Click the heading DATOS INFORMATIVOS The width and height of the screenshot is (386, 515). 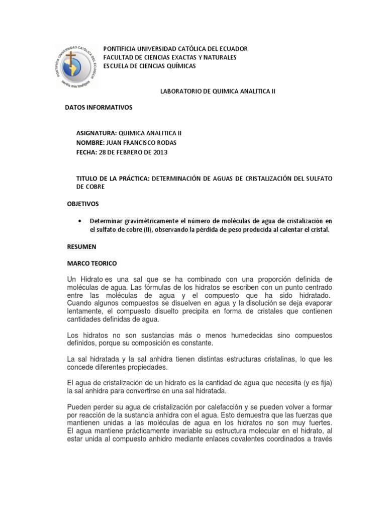[99, 108]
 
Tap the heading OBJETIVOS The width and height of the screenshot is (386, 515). [83, 204]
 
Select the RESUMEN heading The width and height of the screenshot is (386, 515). [81, 247]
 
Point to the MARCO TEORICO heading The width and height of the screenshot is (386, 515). [92, 263]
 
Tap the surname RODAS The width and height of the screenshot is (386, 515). [165, 142]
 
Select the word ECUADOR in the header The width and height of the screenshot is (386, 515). [230, 49]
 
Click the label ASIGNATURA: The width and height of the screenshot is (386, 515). [96, 133]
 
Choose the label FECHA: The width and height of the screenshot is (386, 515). [87, 152]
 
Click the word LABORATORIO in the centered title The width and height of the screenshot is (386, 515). [179, 92]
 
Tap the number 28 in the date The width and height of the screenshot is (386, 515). [103, 152]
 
